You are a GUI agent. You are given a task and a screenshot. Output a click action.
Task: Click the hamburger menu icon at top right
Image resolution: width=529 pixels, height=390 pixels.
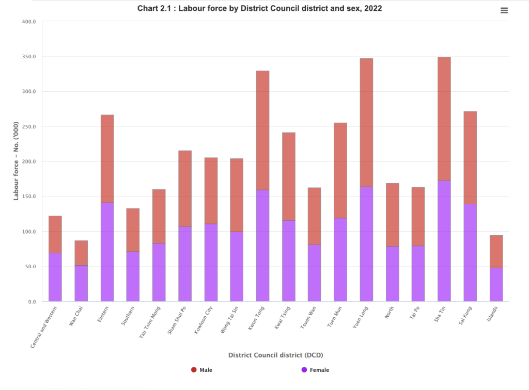click(x=504, y=11)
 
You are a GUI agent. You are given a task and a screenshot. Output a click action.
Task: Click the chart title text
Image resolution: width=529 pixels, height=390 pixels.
click(x=259, y=9)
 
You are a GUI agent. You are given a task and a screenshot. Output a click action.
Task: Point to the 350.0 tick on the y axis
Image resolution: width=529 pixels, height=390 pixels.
click(x=28, y=56)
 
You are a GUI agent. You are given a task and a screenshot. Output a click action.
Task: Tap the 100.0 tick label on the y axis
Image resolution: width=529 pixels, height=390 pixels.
click(x=28, y=232)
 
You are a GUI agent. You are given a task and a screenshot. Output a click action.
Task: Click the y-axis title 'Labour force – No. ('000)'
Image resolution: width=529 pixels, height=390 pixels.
click(x=16, y=161)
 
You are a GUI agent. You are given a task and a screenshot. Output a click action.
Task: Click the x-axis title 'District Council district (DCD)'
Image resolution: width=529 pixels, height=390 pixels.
click(x=275, y=355)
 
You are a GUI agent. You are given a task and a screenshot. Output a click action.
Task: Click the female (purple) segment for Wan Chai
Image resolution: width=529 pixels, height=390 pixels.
click(x=81, y=283)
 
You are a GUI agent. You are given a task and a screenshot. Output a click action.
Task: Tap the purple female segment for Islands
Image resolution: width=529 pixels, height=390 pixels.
click(x=496, y=284)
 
